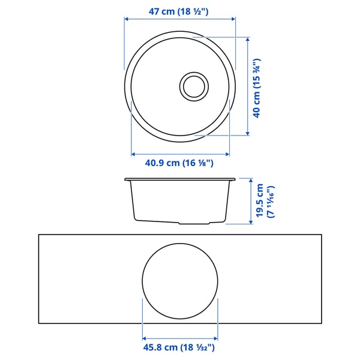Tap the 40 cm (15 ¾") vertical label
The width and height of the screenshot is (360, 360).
(x=257, y=88)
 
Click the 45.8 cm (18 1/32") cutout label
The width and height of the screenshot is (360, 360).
(x=180, y=347)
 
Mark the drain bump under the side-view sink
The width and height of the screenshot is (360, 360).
(x=195, y=222)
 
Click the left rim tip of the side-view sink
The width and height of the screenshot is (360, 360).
(x=126, y=179)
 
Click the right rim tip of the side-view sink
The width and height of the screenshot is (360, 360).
(x=234, y=179)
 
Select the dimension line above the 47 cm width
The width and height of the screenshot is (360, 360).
(x=180, y=19)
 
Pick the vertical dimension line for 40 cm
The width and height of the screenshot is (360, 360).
(x=248, y=85)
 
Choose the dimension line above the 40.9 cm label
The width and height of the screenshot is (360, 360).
(x=180, y=153)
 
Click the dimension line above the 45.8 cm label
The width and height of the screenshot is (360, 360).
(x=180, y=337)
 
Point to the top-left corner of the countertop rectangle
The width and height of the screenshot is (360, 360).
(x=39, y=235)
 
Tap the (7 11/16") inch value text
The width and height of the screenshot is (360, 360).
(x=270, y=201)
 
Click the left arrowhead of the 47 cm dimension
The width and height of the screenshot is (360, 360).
(x=126, y=19)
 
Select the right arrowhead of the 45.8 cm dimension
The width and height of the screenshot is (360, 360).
(x=217, y=337)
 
